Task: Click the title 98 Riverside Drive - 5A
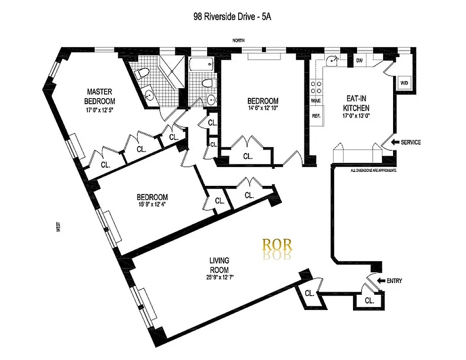[232, 17]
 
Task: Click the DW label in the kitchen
[359, 60]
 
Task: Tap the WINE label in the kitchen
[316, 101]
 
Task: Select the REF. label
[316, 116]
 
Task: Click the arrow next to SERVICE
[396, 143]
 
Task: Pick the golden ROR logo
[277, 245]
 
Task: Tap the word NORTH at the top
[239, 40]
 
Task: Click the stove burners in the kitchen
[316, 86]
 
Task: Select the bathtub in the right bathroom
[201, 66]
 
